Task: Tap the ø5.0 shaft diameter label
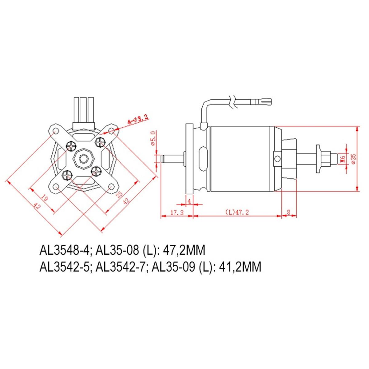pos(153,138)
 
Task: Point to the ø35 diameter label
pos(354,159)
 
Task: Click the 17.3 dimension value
pos(177,212)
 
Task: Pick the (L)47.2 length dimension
pos(237,212)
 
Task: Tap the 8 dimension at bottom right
pos(288,212)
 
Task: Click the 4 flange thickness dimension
pos(189,201)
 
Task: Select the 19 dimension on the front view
pos(44,198)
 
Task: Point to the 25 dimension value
pos(119,195)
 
